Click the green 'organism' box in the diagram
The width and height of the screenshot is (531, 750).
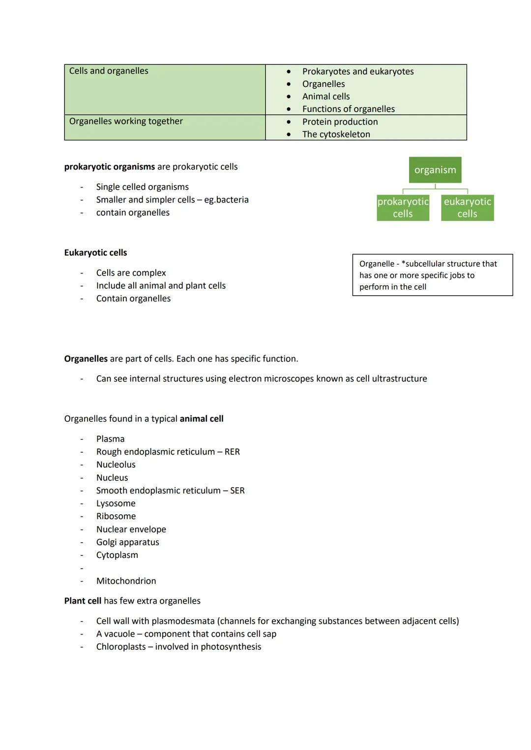(435, 170)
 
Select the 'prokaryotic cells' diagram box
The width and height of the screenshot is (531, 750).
(403, 208)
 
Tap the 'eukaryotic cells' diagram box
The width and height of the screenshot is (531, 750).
(467, 208)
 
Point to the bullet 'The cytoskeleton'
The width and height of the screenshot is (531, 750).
(336, 135)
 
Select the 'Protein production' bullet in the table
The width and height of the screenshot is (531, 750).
(340, 122)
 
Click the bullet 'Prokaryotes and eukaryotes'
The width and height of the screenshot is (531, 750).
(357, 72)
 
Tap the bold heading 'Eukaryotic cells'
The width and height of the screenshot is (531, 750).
(95, 253)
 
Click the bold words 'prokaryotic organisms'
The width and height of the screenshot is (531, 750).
(109, 167)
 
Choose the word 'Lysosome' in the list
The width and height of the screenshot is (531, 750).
(116, 503)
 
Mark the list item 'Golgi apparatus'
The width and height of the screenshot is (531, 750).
(127, 542)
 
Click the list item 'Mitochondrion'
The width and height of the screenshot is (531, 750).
(126, 581)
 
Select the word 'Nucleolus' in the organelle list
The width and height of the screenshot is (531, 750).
(116, 465)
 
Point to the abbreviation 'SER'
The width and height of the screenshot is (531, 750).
(237, 491)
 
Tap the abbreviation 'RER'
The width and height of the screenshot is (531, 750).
(232, 452)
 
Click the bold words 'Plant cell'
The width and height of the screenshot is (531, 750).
(83, 601)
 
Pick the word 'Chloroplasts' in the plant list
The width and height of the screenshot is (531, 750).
(120, 647)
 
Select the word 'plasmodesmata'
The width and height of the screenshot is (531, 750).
(183, 621)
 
